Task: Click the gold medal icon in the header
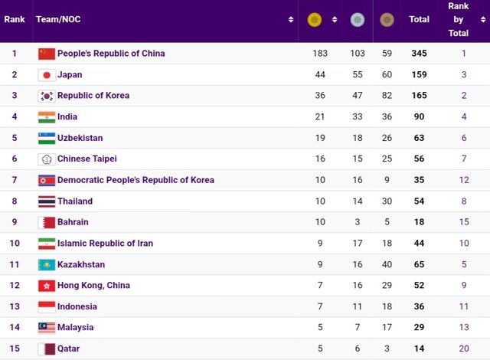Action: pos(314,20)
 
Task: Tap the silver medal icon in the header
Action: pos(357,20)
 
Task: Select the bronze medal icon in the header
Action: pos(386,20)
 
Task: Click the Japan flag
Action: pos(47,75)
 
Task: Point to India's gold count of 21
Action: pos(320,117)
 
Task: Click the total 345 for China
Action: pos(419,54)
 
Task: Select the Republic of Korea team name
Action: pos(93,96)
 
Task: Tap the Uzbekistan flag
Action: pos(47,139)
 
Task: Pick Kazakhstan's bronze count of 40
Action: pos(386,264)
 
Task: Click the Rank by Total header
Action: pos(459,20)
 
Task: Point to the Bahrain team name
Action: pos(73,222)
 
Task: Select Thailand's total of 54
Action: pos(419,201)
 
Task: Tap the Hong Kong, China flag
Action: pos(47,286)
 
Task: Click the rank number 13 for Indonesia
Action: pos(14,306)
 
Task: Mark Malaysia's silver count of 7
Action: pos(356,327)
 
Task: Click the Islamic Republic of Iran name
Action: pos(105,244)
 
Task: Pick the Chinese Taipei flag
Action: pos(47,159)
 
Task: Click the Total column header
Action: pos(419,20)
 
